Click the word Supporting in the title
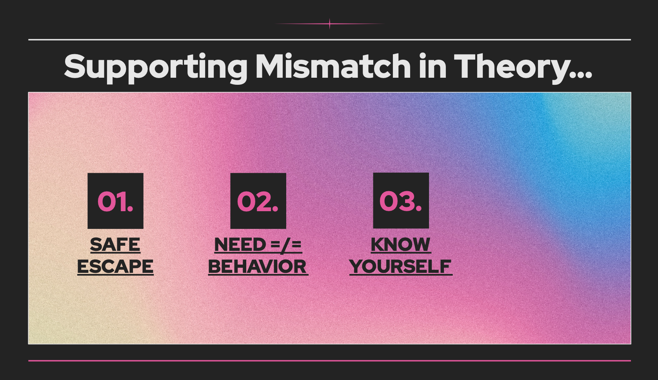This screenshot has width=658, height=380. coord(156,68)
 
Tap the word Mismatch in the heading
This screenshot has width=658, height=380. coord(333,66)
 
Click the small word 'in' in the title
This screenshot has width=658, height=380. coord(433,66)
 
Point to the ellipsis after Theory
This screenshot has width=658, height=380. coord(582,75)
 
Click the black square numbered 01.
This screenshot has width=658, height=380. coord(115,201)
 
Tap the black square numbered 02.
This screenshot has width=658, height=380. coord(258,201)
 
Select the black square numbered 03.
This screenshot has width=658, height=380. coord(401,201)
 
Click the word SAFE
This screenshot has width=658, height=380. coord(115,245)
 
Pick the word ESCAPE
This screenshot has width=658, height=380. coord(115,267)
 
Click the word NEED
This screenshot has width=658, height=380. coord(240,245)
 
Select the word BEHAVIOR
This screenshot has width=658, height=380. coord(258,267)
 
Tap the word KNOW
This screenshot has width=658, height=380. coord(401,245)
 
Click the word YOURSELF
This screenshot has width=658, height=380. coord(401,267)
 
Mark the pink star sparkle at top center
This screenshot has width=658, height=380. coord(329,24)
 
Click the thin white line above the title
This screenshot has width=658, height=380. coord(329,39)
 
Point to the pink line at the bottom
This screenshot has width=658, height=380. coord(329,361)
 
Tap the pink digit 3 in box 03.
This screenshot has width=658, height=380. coord(405,201)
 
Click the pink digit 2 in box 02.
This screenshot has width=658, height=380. coord(263,201)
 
